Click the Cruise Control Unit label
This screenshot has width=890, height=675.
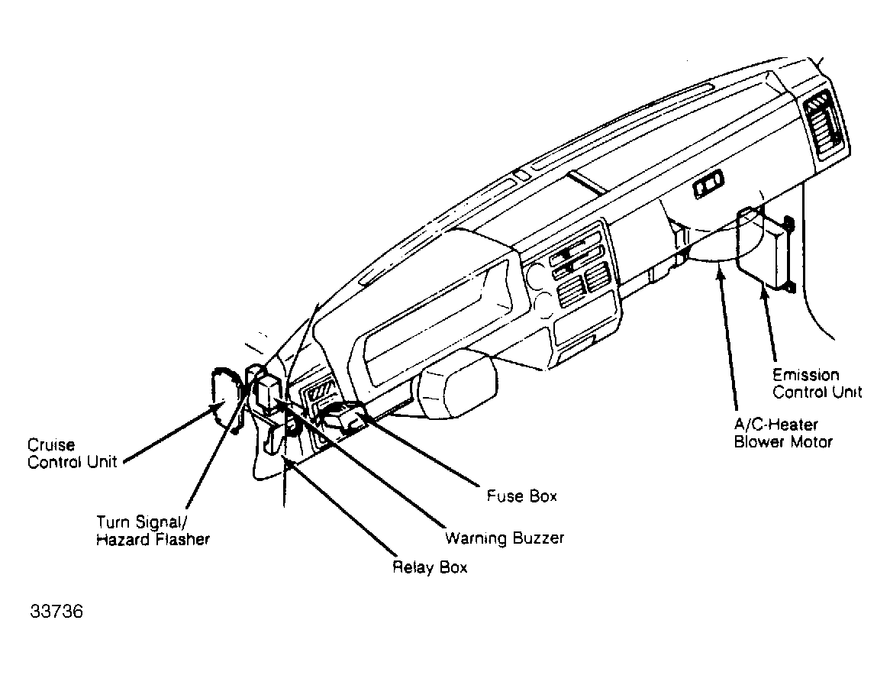73,454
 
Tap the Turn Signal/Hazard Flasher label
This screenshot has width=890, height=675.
153,531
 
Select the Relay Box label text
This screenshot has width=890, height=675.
430,567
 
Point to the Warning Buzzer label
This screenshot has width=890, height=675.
505,538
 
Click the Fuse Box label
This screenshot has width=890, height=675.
522,496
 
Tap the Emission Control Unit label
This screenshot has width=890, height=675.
817,383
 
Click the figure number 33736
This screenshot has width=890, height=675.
56,613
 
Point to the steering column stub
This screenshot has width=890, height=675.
455,382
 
